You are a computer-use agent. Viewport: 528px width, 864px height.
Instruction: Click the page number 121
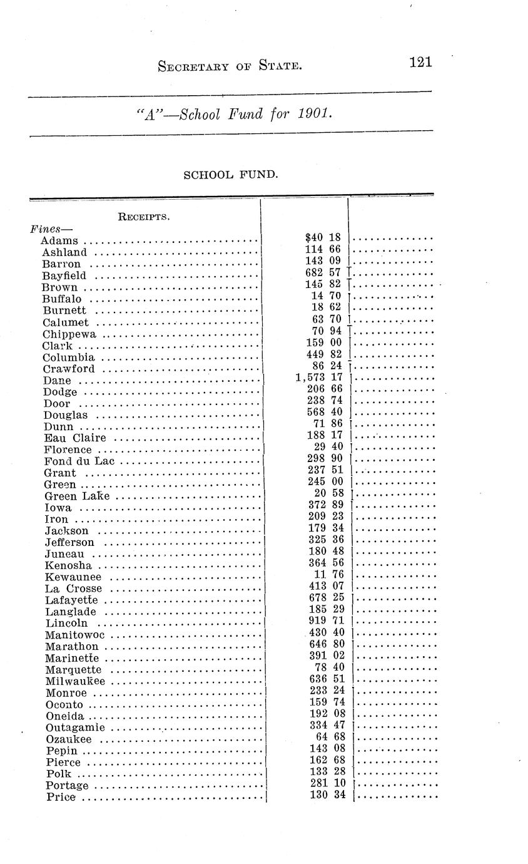click(x=420, y=62)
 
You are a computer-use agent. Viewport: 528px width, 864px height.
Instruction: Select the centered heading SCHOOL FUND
click(x=230, y=175)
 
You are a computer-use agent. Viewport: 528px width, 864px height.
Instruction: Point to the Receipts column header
click(x=145, y=217)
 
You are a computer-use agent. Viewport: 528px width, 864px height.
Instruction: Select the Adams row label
click(x=59, y=240)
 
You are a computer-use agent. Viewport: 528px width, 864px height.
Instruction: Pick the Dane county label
click(x=57, y=381)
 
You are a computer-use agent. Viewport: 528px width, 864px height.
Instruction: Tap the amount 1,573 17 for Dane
click(x=320, y=377)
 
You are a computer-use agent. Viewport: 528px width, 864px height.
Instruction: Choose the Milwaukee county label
click(x=75, y=681)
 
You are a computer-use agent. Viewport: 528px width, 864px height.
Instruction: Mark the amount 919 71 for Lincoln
click(x=327, y=620)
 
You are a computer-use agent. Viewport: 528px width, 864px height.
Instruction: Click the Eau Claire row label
click(x=74, y=438)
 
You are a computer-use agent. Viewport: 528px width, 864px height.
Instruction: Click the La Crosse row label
click(x=73, y=589)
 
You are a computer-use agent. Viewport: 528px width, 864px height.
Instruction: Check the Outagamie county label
click(x=75, y=728)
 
